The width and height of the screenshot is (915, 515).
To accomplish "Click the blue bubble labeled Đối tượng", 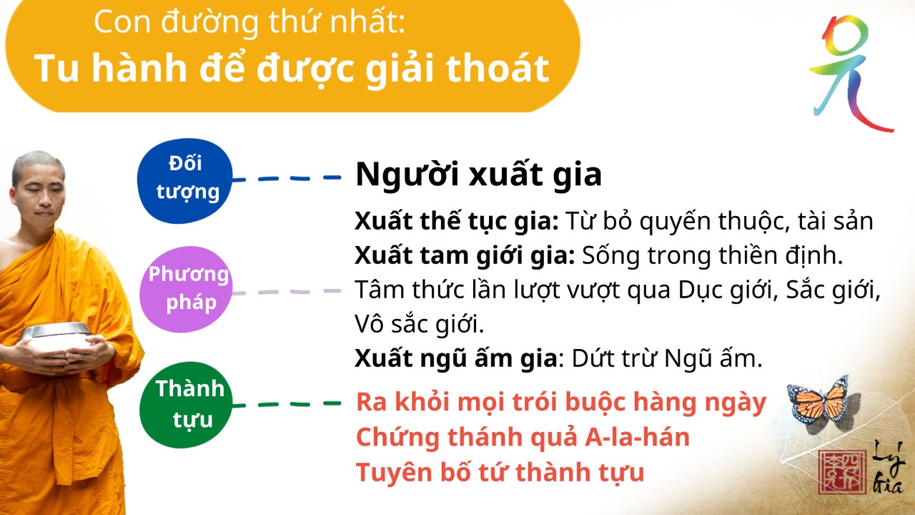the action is (184, 181).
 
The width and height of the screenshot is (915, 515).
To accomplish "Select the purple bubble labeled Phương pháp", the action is (186, 290).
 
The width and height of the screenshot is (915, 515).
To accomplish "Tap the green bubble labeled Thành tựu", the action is (186, 405).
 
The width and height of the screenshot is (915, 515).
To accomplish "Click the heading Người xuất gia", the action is (478, 175).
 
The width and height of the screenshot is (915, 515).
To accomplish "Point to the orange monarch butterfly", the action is (820, 401).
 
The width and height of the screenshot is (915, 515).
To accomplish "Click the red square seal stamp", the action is (842, 473).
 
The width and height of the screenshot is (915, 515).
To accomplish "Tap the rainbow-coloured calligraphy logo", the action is (850, 74).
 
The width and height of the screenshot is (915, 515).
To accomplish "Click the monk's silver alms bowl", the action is (57, 336).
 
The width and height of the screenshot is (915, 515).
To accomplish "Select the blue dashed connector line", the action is (287, 178).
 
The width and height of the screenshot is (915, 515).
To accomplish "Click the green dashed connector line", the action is (287, 404).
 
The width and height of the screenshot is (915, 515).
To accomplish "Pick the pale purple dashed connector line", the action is (287, 292).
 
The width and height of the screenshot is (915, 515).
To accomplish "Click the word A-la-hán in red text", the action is (637, 437).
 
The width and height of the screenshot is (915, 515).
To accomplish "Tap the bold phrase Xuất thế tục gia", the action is (457, 221).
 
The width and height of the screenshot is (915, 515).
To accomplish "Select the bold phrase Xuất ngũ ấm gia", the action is (456, 358).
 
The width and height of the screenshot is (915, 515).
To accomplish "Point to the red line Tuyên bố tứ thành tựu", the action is (500, 473).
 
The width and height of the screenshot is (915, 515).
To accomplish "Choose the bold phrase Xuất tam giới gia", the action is (465, 255).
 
